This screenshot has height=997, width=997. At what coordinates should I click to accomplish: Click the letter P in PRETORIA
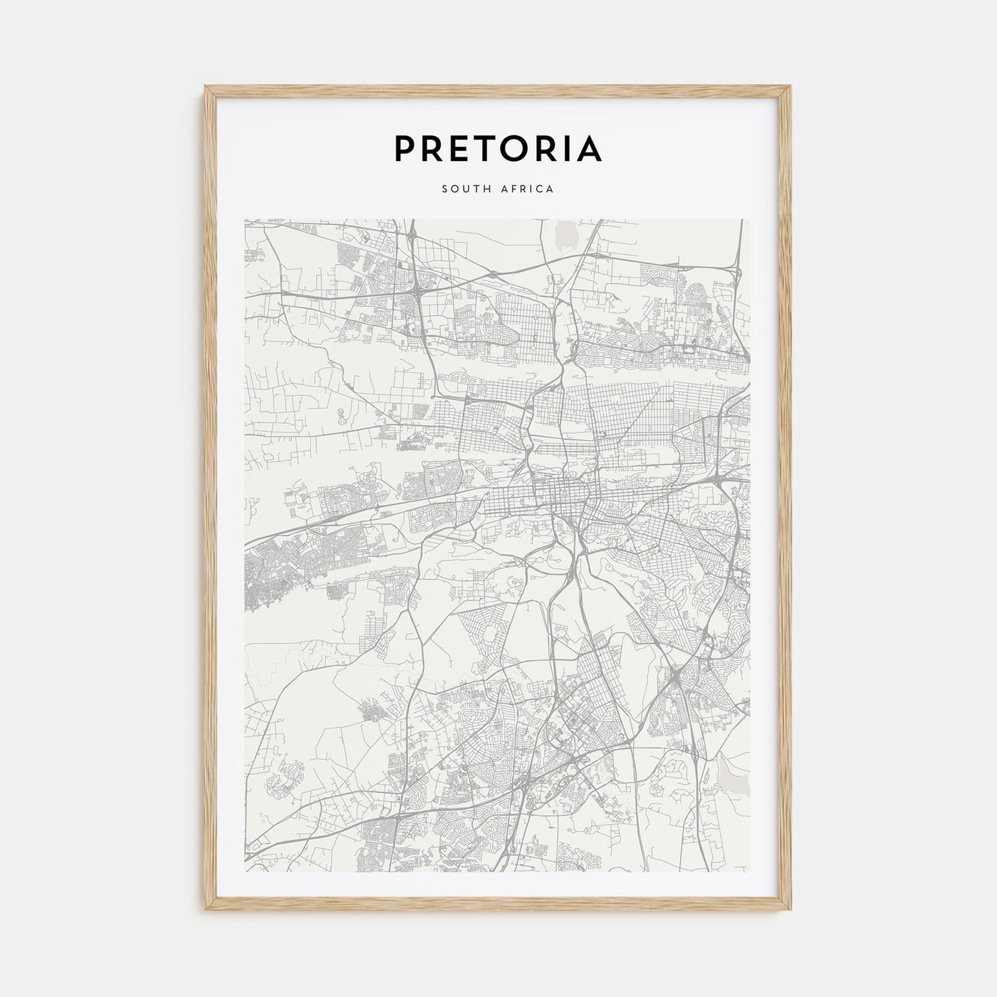[406, 148]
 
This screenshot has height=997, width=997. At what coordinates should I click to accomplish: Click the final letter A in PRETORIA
[588, 148]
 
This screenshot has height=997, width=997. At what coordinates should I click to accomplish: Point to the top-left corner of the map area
[244, 219]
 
